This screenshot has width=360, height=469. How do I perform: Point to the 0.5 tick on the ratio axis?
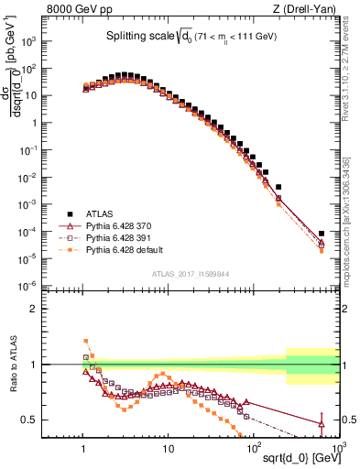(65, 420)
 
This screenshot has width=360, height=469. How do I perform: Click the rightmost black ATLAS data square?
(322, 234)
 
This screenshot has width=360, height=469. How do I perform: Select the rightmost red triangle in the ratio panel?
(322, 423)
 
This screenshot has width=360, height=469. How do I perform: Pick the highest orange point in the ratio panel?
(86, 341)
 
